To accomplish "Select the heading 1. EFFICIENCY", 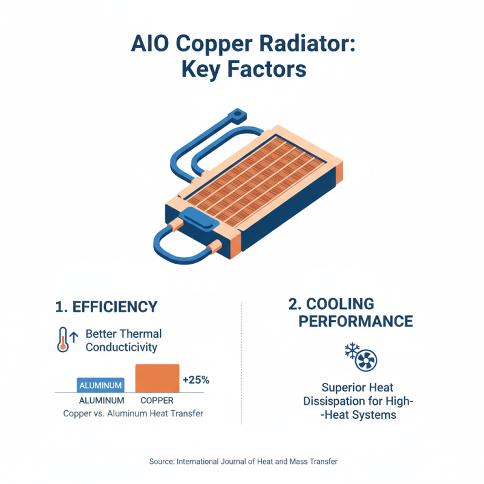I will (x=106, y=307).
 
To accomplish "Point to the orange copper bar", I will (x=157, y=378).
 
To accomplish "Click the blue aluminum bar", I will (x=101, y=385).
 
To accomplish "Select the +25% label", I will (x=195, y=381).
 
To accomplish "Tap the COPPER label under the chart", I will (x=157, y=401).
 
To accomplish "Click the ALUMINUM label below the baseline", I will (x=101, y=401).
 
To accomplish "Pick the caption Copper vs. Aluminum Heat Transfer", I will (x=133, y=414).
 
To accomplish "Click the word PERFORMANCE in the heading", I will (x=356, y=321).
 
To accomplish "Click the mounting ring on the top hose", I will (x=237, y=113).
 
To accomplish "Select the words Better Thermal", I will (x=123, y=334).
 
